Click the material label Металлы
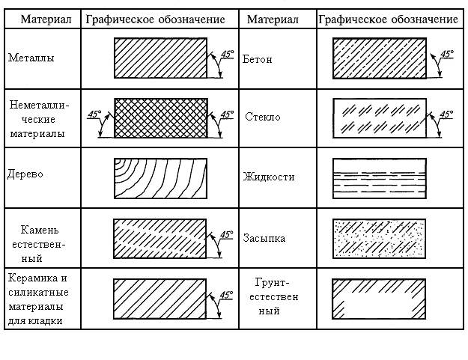click(31, 58)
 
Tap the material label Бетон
click(257, 59)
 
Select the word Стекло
click(262, 117)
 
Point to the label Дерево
click(25, 174)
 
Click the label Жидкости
click(269, 177)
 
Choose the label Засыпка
click(264, 238)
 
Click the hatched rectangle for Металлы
click(160, 58)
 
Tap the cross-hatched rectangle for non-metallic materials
click(161, 118)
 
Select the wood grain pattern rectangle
click(160, 178)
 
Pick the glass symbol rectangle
click(380, 118)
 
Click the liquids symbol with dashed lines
click(380, 178)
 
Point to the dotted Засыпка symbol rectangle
click(379, 239)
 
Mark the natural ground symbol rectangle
click(379, 299)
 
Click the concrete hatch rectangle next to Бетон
click(380, 58)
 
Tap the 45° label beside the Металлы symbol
click(227, 55)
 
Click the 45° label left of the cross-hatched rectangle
click(94, 115)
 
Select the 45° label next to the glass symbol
click(446, 115)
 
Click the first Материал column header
click(46, 19)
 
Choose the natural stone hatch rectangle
click(159, 239)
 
